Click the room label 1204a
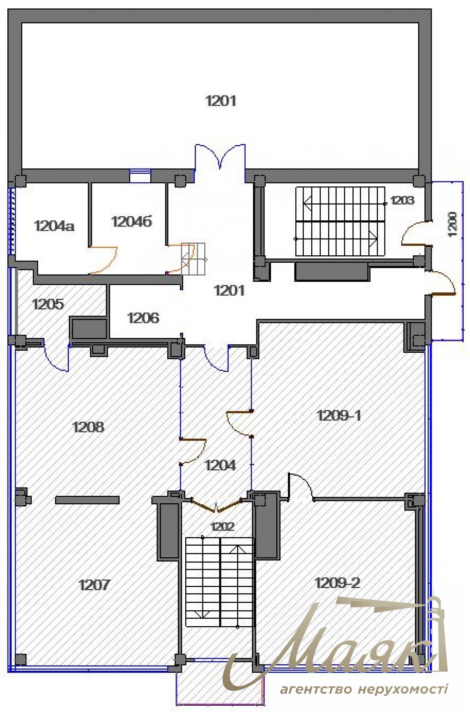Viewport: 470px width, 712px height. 54,226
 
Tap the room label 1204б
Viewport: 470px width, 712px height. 132,221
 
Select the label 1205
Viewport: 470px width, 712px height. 48,304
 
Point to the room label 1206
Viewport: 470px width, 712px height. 143,318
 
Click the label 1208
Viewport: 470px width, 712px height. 88,427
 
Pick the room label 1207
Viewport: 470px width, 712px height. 94,584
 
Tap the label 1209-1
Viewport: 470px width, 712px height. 339,415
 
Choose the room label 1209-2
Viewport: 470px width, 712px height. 338,582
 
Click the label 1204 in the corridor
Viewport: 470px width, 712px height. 220,465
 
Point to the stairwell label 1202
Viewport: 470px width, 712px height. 222,526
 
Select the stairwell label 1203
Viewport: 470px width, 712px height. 403,201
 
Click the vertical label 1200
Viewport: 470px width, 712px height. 452,224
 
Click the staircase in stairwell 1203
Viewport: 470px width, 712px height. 340,221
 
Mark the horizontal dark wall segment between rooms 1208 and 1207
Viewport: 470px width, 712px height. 87,500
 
